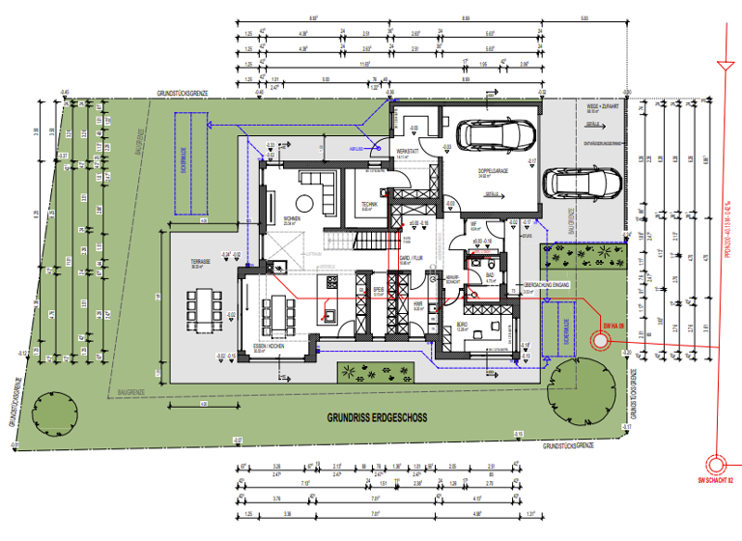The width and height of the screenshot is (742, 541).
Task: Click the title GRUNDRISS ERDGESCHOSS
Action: [377, 418]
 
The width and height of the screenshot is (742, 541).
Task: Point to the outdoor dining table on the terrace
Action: [204, 308]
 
